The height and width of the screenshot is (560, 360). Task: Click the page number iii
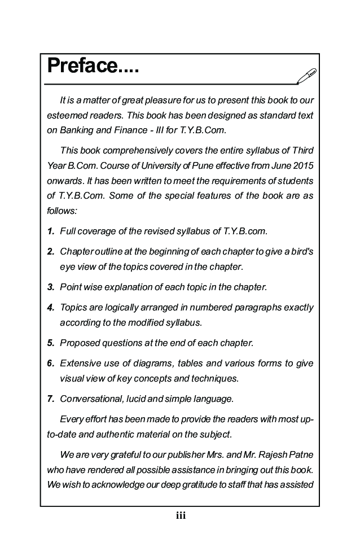(181, 515)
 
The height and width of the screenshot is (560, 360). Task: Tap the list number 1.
(50, 231)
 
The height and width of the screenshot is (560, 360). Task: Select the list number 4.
(50, 308)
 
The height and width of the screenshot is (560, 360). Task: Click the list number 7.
(50, 399)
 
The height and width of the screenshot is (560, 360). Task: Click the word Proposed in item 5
(78, 343)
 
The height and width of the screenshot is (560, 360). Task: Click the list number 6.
(50, 364)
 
